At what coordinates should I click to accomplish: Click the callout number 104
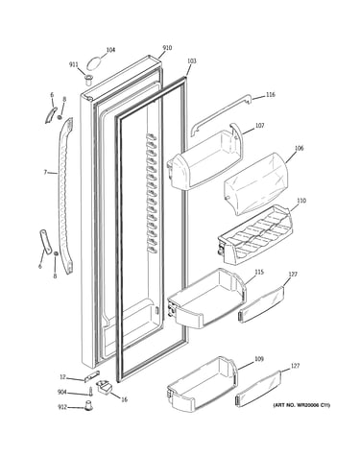click(x=110, y=50)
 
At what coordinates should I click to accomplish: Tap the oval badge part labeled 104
click(x=94, y=63)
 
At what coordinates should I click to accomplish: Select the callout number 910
click(x=167, y=48)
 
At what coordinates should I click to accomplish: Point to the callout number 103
click(x=192, y=60)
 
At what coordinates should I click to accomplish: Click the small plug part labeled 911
click(x=88, y=79)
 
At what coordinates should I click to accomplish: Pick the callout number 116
click(x=271, y=95)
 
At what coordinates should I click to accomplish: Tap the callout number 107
click(x=259, y=126)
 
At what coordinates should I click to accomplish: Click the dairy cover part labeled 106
click(x=255, y=183)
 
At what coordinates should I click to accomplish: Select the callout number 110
click(x=301, y=201)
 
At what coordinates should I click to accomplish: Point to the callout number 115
click(x=259, y=272)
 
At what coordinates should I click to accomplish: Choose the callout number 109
click(x=259, y=359)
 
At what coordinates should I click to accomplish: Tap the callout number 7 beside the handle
click(x=45, y=173)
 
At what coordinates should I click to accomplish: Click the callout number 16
click(x=124, y=399)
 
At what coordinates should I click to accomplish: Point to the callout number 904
click(x=62, y=393)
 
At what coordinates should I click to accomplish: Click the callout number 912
click(x=62, y=407)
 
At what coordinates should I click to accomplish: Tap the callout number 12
click(x=62, y=377)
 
